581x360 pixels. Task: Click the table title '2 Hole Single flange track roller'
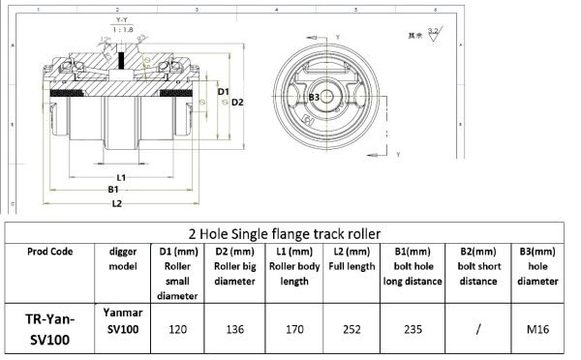[290, 232]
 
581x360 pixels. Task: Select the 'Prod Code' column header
[49, 249]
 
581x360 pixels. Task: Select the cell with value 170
[292, 328]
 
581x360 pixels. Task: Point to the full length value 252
[351, 328]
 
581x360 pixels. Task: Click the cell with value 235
[413, 328]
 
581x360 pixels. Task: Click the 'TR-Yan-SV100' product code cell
[49, 328]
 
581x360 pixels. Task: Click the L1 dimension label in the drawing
[121, 178]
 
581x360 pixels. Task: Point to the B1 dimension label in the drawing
[114, 191]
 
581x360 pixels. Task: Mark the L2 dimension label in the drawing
[116, 204]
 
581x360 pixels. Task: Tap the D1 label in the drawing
[223, 92]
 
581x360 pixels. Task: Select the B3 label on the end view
[314, 98]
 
